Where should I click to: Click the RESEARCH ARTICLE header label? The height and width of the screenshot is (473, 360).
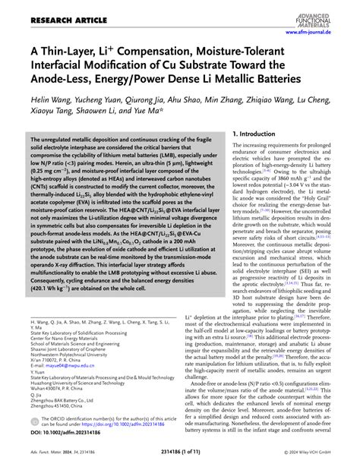pos(46,11)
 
